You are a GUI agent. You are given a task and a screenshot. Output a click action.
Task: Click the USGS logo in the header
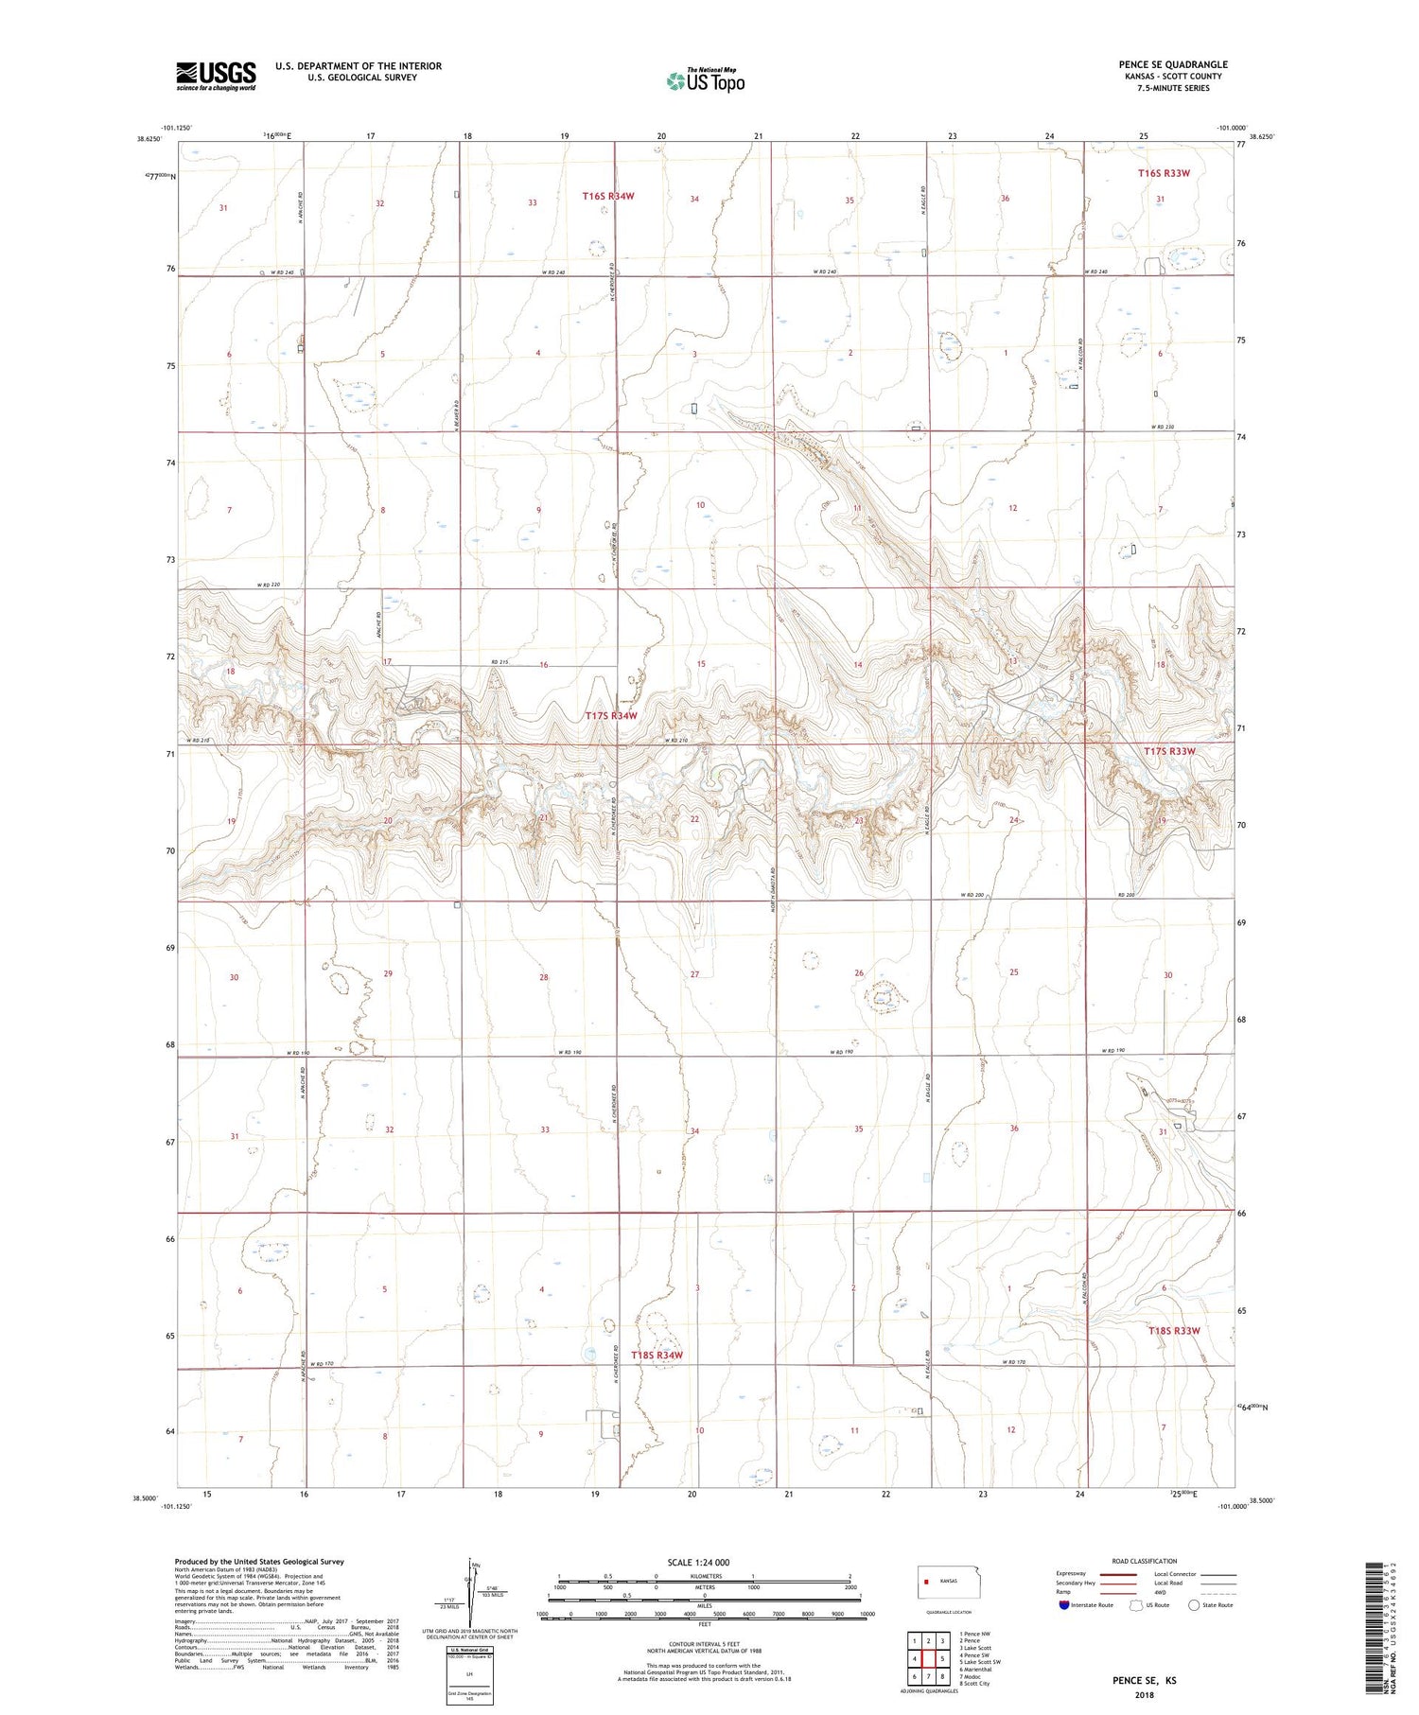[x=216, y=76]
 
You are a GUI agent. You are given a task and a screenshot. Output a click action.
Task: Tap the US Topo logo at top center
[x=706, y=80]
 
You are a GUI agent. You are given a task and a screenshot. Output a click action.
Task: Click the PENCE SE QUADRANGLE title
[x=1173, y=64]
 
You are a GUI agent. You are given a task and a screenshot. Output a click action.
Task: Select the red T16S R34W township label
[x=607, y=196]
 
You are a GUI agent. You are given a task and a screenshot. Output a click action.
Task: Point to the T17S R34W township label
[x=610, y=716]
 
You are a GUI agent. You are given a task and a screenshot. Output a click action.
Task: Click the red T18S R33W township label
[x=1173, y=1331]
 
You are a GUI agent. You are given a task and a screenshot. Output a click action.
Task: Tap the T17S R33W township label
[x=1169, y=751]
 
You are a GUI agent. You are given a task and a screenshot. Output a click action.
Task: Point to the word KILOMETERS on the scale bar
[x=706, y=1576]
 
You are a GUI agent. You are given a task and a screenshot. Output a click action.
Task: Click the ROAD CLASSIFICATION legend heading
[x=1145, y=1561]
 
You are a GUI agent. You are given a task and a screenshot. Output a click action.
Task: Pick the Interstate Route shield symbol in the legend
[x=1064, y=1604]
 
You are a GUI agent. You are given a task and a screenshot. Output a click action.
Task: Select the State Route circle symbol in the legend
[x=1194, y=1604]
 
